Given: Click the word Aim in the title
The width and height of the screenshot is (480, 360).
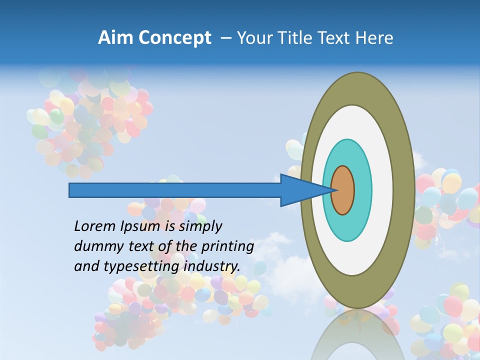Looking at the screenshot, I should (x=114, y=38).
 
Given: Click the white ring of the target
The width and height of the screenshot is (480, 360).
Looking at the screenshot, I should (x=382, y=190).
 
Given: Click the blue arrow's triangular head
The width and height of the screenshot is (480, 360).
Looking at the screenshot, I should (x=300, y=190).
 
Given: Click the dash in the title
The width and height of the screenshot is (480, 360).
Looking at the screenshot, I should (x=225, y=38).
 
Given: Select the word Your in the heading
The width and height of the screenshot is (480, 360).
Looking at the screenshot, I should (x=252, y=38).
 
